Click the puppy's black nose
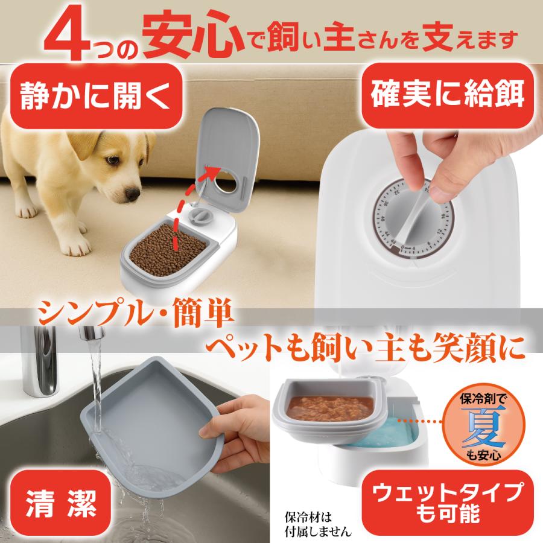(x=132, y=194)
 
